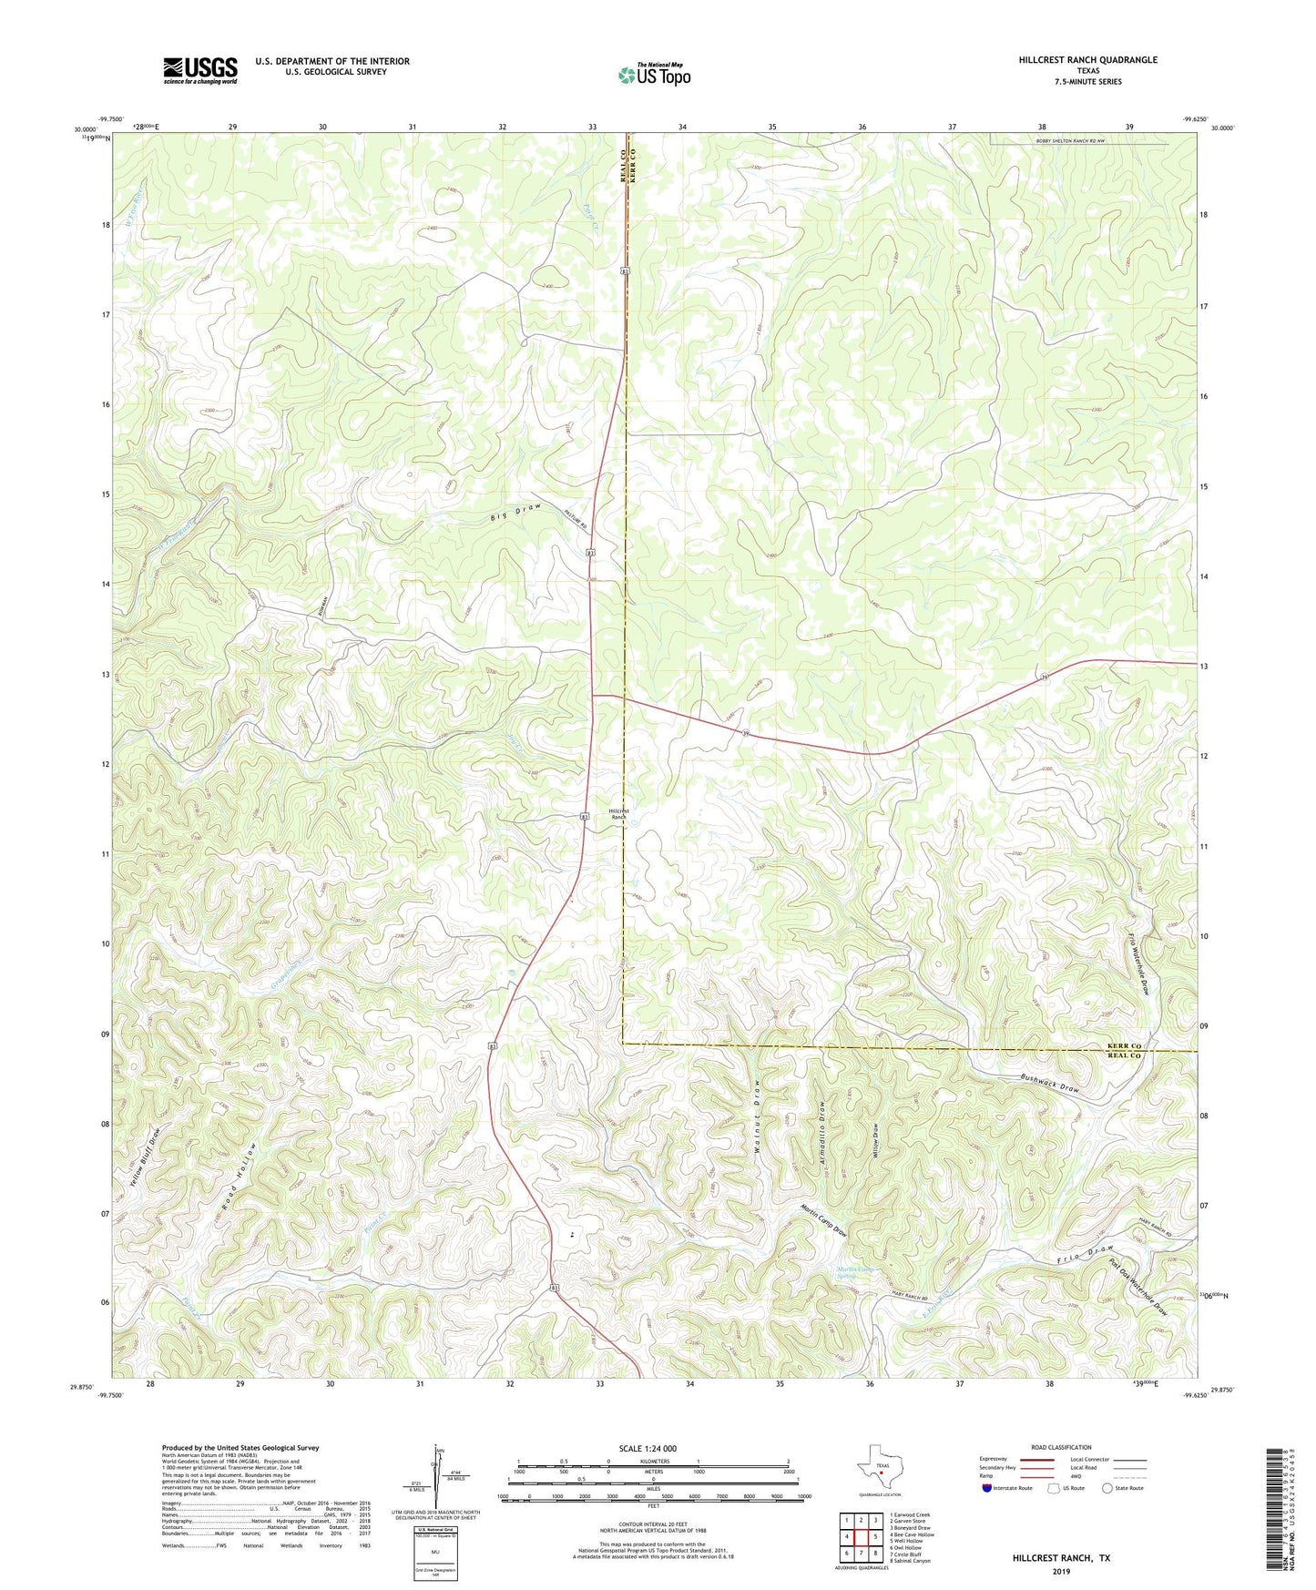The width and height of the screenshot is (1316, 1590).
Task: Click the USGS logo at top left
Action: [200, 70]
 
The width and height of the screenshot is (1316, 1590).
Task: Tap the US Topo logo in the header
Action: [653, 75]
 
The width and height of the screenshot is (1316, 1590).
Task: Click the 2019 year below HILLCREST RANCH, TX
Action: [1060, 1571]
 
